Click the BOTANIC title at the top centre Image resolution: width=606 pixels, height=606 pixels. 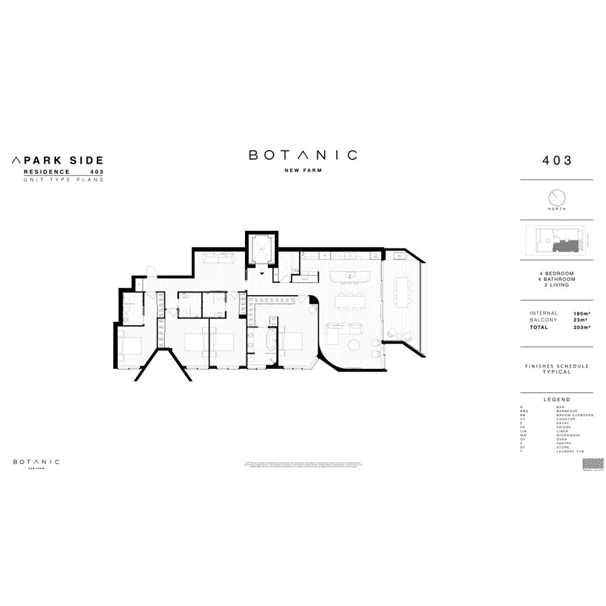coord(302,155)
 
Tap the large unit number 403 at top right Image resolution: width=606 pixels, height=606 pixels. coord(556,160)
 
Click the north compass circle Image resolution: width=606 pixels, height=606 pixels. coord(557,197)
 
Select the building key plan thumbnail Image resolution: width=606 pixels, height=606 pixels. coord(556,239)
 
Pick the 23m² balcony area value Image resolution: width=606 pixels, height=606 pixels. coord(580,320)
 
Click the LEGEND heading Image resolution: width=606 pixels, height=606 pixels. coord(556,399)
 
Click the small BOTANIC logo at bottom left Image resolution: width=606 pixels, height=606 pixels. coord(36,462)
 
